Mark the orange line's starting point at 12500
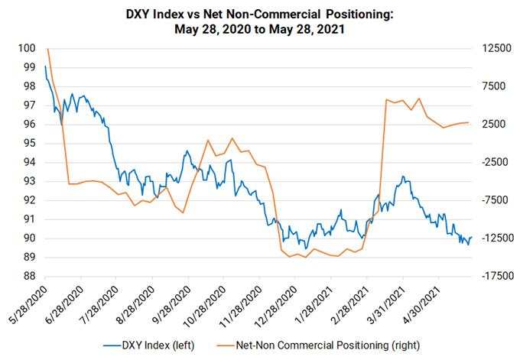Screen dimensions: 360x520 47,49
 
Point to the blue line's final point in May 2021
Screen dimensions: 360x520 472,238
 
